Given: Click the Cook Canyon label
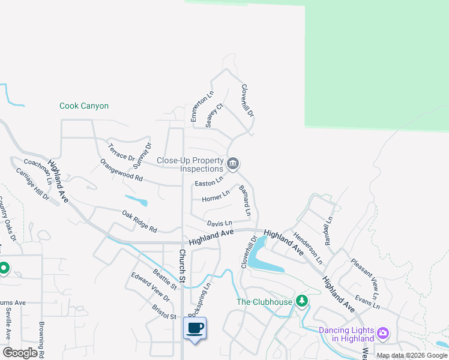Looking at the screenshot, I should pos(84,106).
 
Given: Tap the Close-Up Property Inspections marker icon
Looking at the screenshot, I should pos(233,163).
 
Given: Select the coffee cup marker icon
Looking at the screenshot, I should pos(194,328).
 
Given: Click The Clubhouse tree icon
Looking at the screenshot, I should pos(302,301).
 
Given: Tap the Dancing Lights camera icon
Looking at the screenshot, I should pos(383,332).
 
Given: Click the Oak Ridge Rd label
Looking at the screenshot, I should pos(139,221).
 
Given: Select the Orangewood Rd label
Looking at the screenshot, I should pos(121,170).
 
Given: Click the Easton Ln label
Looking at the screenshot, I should pos(209,182).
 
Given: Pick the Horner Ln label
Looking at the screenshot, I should pos(215,196).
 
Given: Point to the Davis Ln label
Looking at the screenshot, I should pos(219,223).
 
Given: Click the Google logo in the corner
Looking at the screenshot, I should pos(20,353).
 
